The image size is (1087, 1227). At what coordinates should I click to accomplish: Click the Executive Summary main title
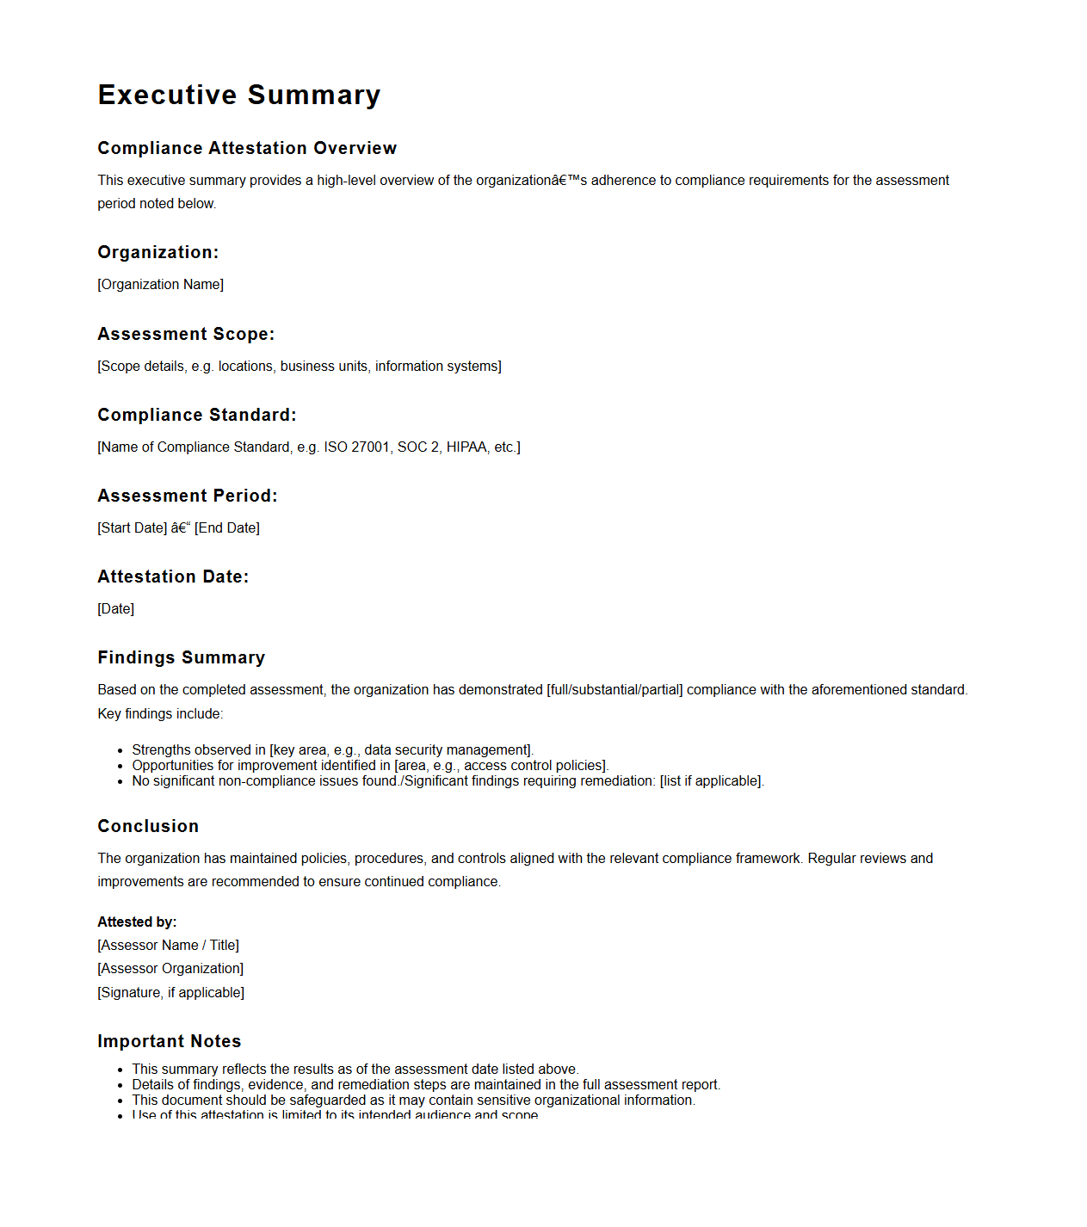238,95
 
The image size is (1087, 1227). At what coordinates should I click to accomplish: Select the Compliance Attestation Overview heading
247,148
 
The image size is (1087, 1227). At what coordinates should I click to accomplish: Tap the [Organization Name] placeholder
161,285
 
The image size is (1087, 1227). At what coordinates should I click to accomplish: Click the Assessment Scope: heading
186,334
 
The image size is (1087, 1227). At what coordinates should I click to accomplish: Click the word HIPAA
466,447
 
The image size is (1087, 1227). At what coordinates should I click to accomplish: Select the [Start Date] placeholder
133,528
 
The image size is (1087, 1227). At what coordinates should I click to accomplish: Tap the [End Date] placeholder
227,528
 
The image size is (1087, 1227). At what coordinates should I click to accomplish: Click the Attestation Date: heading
173,577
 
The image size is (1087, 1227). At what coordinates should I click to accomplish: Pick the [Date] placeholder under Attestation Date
116,609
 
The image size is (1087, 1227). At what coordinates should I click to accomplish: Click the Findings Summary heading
181,657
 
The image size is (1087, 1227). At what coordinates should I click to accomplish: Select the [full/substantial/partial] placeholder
615,690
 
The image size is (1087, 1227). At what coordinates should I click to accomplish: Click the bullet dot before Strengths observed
120,751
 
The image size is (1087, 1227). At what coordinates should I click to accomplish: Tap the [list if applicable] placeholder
711,781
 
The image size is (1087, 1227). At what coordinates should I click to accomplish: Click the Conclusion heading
148,826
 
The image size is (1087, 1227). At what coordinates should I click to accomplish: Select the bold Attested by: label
137,922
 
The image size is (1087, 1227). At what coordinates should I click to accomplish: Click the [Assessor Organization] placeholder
170,969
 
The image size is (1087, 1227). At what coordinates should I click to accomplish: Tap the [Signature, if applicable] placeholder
170,993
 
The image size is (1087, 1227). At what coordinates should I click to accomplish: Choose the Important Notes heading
169,1041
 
